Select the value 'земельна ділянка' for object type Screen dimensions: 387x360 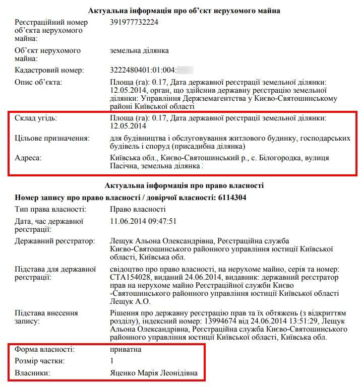click(139, 50)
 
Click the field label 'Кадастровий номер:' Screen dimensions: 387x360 click(49, 70)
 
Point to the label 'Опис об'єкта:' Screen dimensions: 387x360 click(39, 83)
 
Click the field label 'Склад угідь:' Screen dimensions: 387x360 click(36, 118)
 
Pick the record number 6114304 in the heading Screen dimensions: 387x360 click(232, 197)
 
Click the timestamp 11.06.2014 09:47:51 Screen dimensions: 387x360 click(143, 221)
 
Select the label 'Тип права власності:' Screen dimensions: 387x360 click(50, 209)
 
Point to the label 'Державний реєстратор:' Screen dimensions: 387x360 click(55, 241)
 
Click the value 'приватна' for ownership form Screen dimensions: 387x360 click(126, 349)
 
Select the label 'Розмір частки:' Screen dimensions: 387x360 click(40, 361)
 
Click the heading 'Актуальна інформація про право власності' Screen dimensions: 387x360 click(184, 185)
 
